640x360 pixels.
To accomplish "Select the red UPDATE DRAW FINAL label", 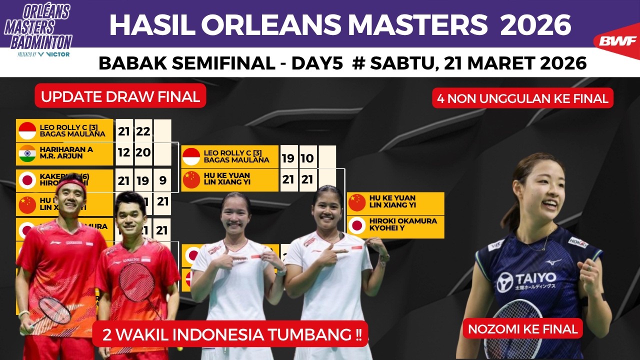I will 120,96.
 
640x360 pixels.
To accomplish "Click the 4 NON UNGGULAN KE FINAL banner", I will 522,98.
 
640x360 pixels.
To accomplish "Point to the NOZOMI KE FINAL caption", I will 522,328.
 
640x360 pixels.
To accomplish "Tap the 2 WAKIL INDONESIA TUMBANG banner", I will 230,333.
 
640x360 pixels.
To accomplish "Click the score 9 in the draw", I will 162,180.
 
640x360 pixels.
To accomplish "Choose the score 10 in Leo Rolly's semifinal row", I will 307,158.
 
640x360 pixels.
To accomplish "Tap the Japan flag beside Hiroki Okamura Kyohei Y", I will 357,225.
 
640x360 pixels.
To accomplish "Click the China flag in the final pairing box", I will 357,202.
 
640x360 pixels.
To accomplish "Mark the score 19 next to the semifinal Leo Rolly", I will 288,158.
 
